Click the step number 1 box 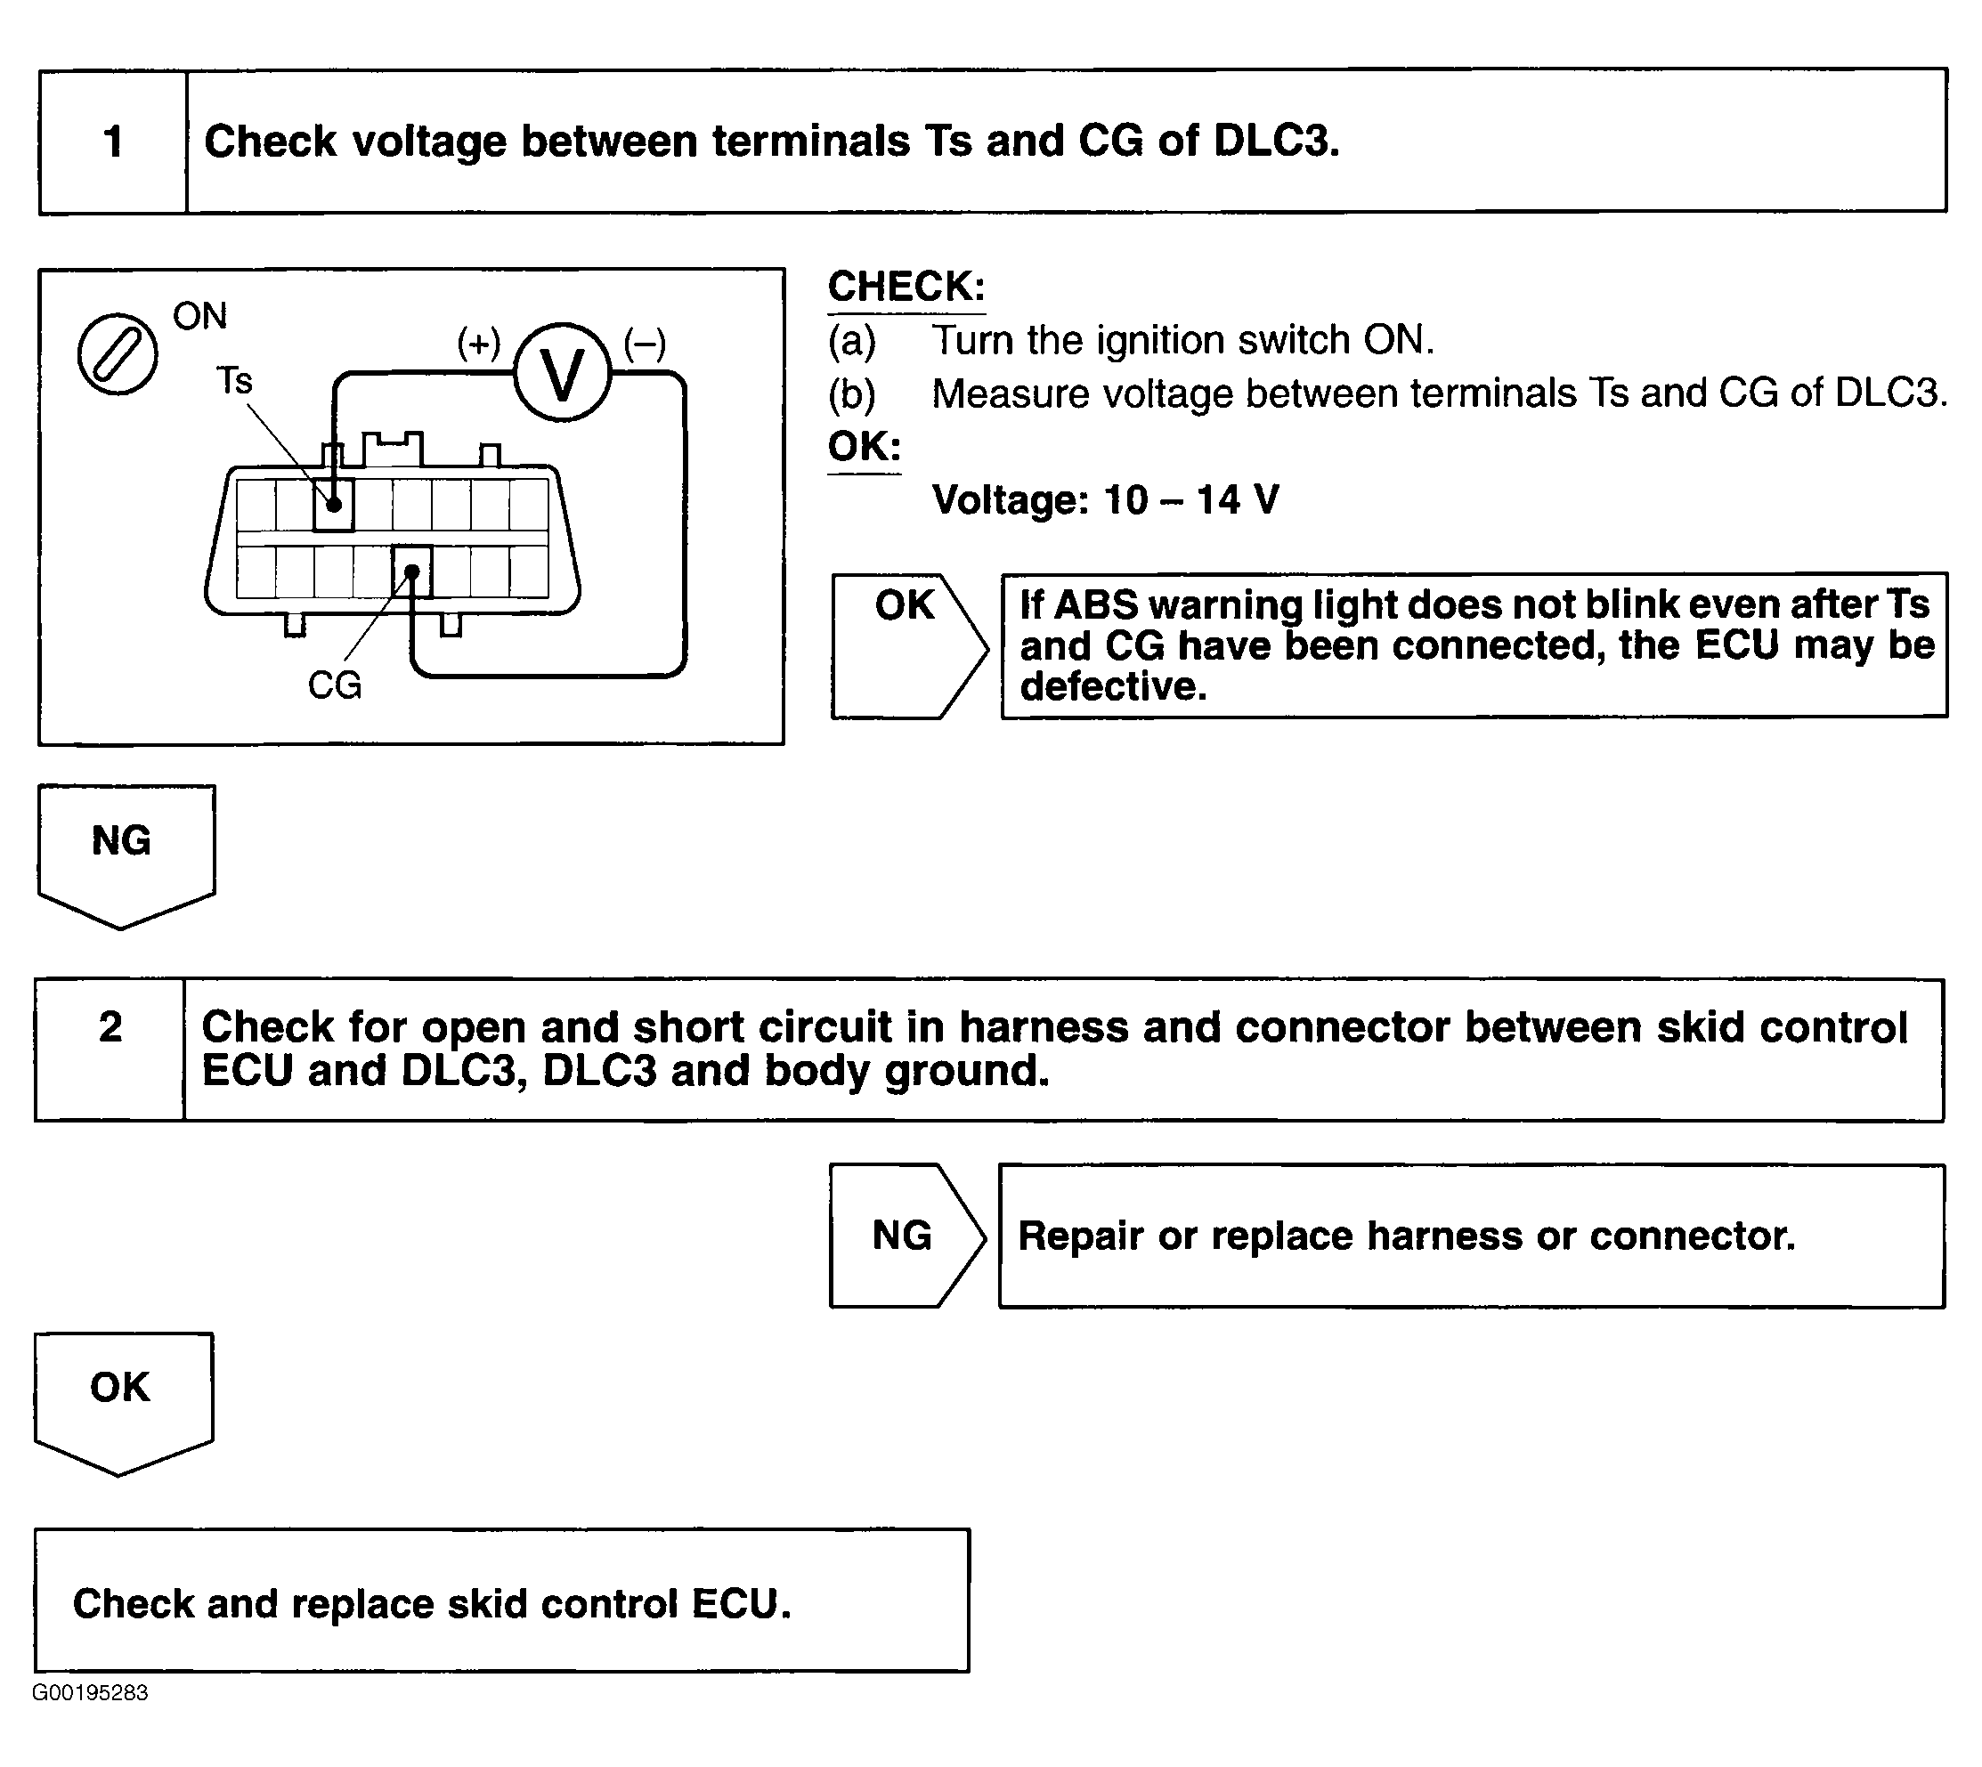pyautogui.click(x=113, y=142)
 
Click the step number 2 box pyautogui.click(x=110, y=1049)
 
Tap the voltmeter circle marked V pyautogui.click(x=562, y=373)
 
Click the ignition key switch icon pyautogui.click(x=118, y=353)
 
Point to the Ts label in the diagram pyautogui.click(x=234, y=379)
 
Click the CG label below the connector pyautogui.click(x=334, y=685)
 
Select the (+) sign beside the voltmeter pyautogui.click(x=479, y=343)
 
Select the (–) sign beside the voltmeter pyautogui.click(x=645, y=343)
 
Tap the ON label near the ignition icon pyautogui.click(x=200, y=315)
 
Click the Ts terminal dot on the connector pyautogui.click(x=333, y=505)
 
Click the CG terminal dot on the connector pyautogui.click(x=411, y=571)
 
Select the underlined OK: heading pyautogui.click(x=865, y=448)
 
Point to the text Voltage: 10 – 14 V pyautogui.click(x=1105, y=500)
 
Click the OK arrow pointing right pyautogui.click(x=907, y=644)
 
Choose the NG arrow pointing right pyautogui.click(x=905, y=1235)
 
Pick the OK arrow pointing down pyautogui.click(x=122, y=1399)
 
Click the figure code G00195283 pyautogui.click(x=90, y=1692)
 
